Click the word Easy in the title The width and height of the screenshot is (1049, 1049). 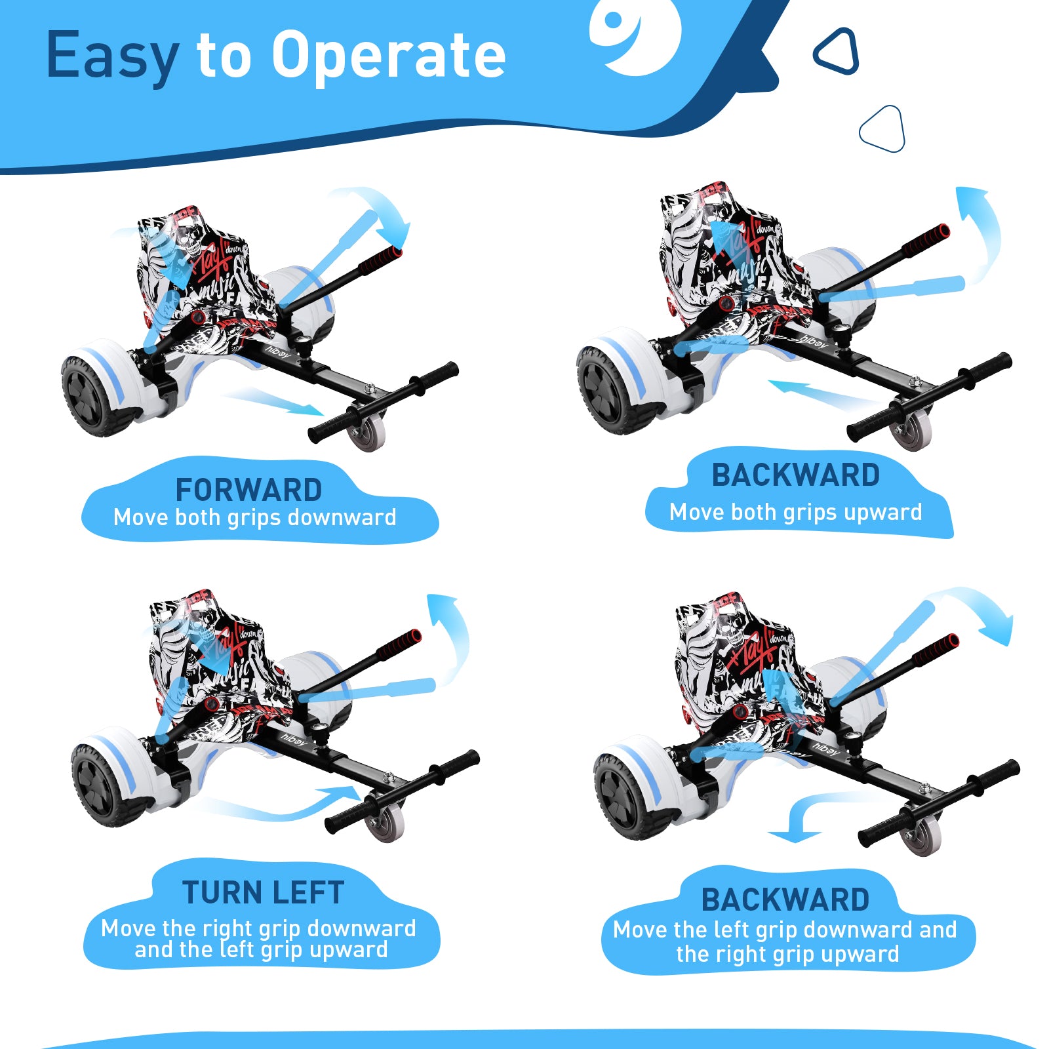click(x=111, y=56)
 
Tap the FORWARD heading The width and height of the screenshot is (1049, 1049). click(x=248, y=490)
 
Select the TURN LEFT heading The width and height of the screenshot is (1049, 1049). click(x=263, y=892)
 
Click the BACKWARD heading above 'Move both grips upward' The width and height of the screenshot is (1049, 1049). click(x=795, y=475)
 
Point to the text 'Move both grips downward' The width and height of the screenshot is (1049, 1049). click(x=254, y=518)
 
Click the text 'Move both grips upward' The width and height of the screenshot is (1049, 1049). click(x=795, y=512)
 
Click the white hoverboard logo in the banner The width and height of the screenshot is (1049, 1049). click(x=634, y=36)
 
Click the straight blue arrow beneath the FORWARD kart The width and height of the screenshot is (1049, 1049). click(x=275, y=401)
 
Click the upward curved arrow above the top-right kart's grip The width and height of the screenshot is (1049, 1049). click(x=980, y=229)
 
